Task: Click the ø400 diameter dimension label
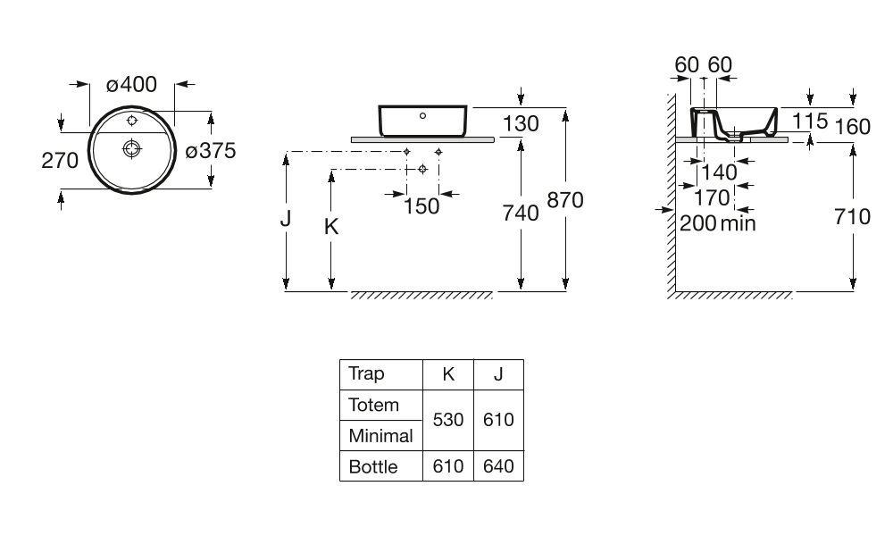coord(131,85)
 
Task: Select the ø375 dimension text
coord(210,151)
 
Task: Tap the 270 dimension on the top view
coord(60,160)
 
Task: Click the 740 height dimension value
coord(521,213)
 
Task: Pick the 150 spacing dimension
coord(421,206)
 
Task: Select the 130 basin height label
coord(521,124)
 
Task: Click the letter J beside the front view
coord(285,217)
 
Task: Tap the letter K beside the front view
coord(330,228)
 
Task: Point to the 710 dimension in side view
coord(852,216)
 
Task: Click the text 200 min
coord(717,222)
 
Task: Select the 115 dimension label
coord(810,121)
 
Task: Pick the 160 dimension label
coord(853,127)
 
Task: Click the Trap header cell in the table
coord(366,373)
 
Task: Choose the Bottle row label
coord(373,466)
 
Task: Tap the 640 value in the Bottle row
coord(498,466)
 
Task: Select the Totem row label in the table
coord(374,405)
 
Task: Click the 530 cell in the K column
coord(448,419)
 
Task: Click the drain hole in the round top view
coord(131,148)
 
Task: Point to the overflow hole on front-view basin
coord(422,115)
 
